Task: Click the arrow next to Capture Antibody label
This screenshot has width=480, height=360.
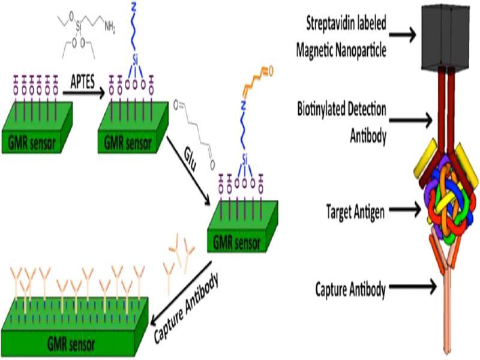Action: (x=413, y=289)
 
